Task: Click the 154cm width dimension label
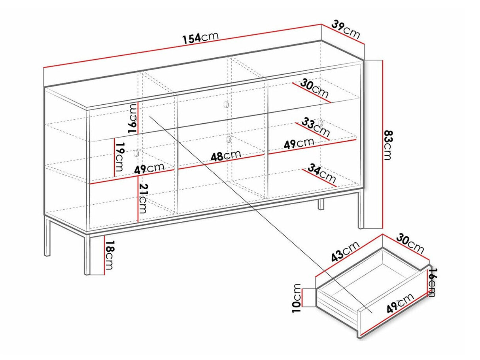click(x=200, y=38)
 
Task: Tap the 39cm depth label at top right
click(x=346, y=30)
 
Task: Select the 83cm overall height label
click(x=388, y=145)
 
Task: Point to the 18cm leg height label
click(x=109, y=255)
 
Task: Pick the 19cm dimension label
click(x=119, y=157)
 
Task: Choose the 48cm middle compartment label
click(x=226, y=156)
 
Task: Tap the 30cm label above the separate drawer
click(x=410, y=243)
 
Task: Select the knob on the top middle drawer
click(x=226, y=105)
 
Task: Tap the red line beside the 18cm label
click(x=105, y=254)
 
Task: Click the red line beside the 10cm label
click(x=302, y=298)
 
